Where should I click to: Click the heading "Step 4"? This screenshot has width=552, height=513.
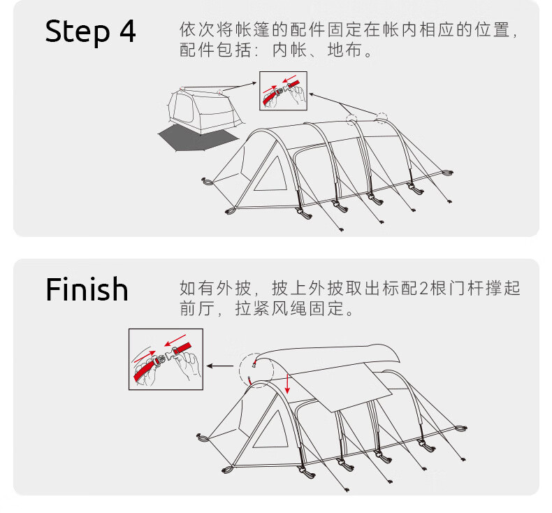click(91, 32)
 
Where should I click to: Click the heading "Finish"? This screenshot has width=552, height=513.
click(87, 289)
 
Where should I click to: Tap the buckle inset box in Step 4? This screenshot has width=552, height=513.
click(283, 91)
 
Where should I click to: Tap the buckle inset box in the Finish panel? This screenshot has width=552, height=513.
click(166, 359)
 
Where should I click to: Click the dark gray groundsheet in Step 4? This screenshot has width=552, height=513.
click(192, 137)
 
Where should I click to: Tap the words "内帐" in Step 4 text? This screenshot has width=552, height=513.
click(287, 51)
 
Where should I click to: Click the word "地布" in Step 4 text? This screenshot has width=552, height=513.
click(345, 51)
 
